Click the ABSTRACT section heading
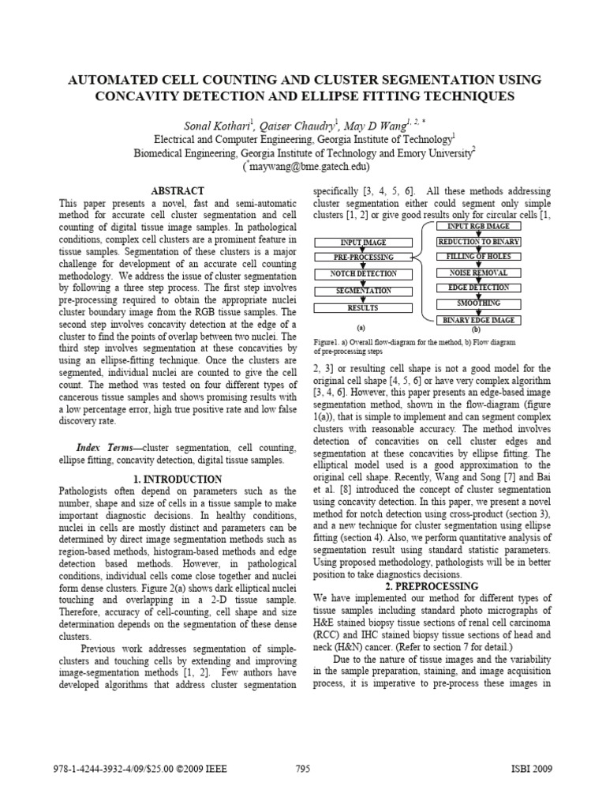pos(178,191)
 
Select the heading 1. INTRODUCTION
pos(178,479)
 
